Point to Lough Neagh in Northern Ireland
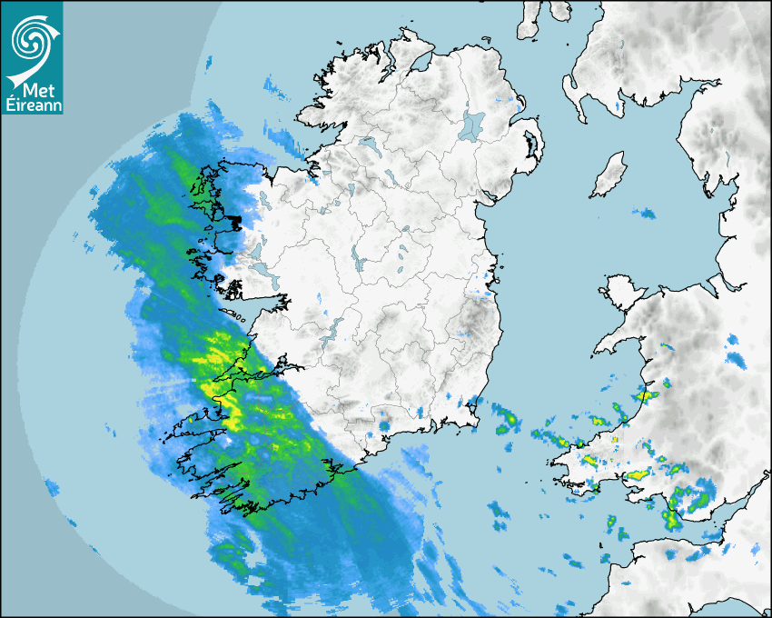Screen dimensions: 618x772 click(473, 124)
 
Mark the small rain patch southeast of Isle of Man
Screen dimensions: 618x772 click(646, 214)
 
